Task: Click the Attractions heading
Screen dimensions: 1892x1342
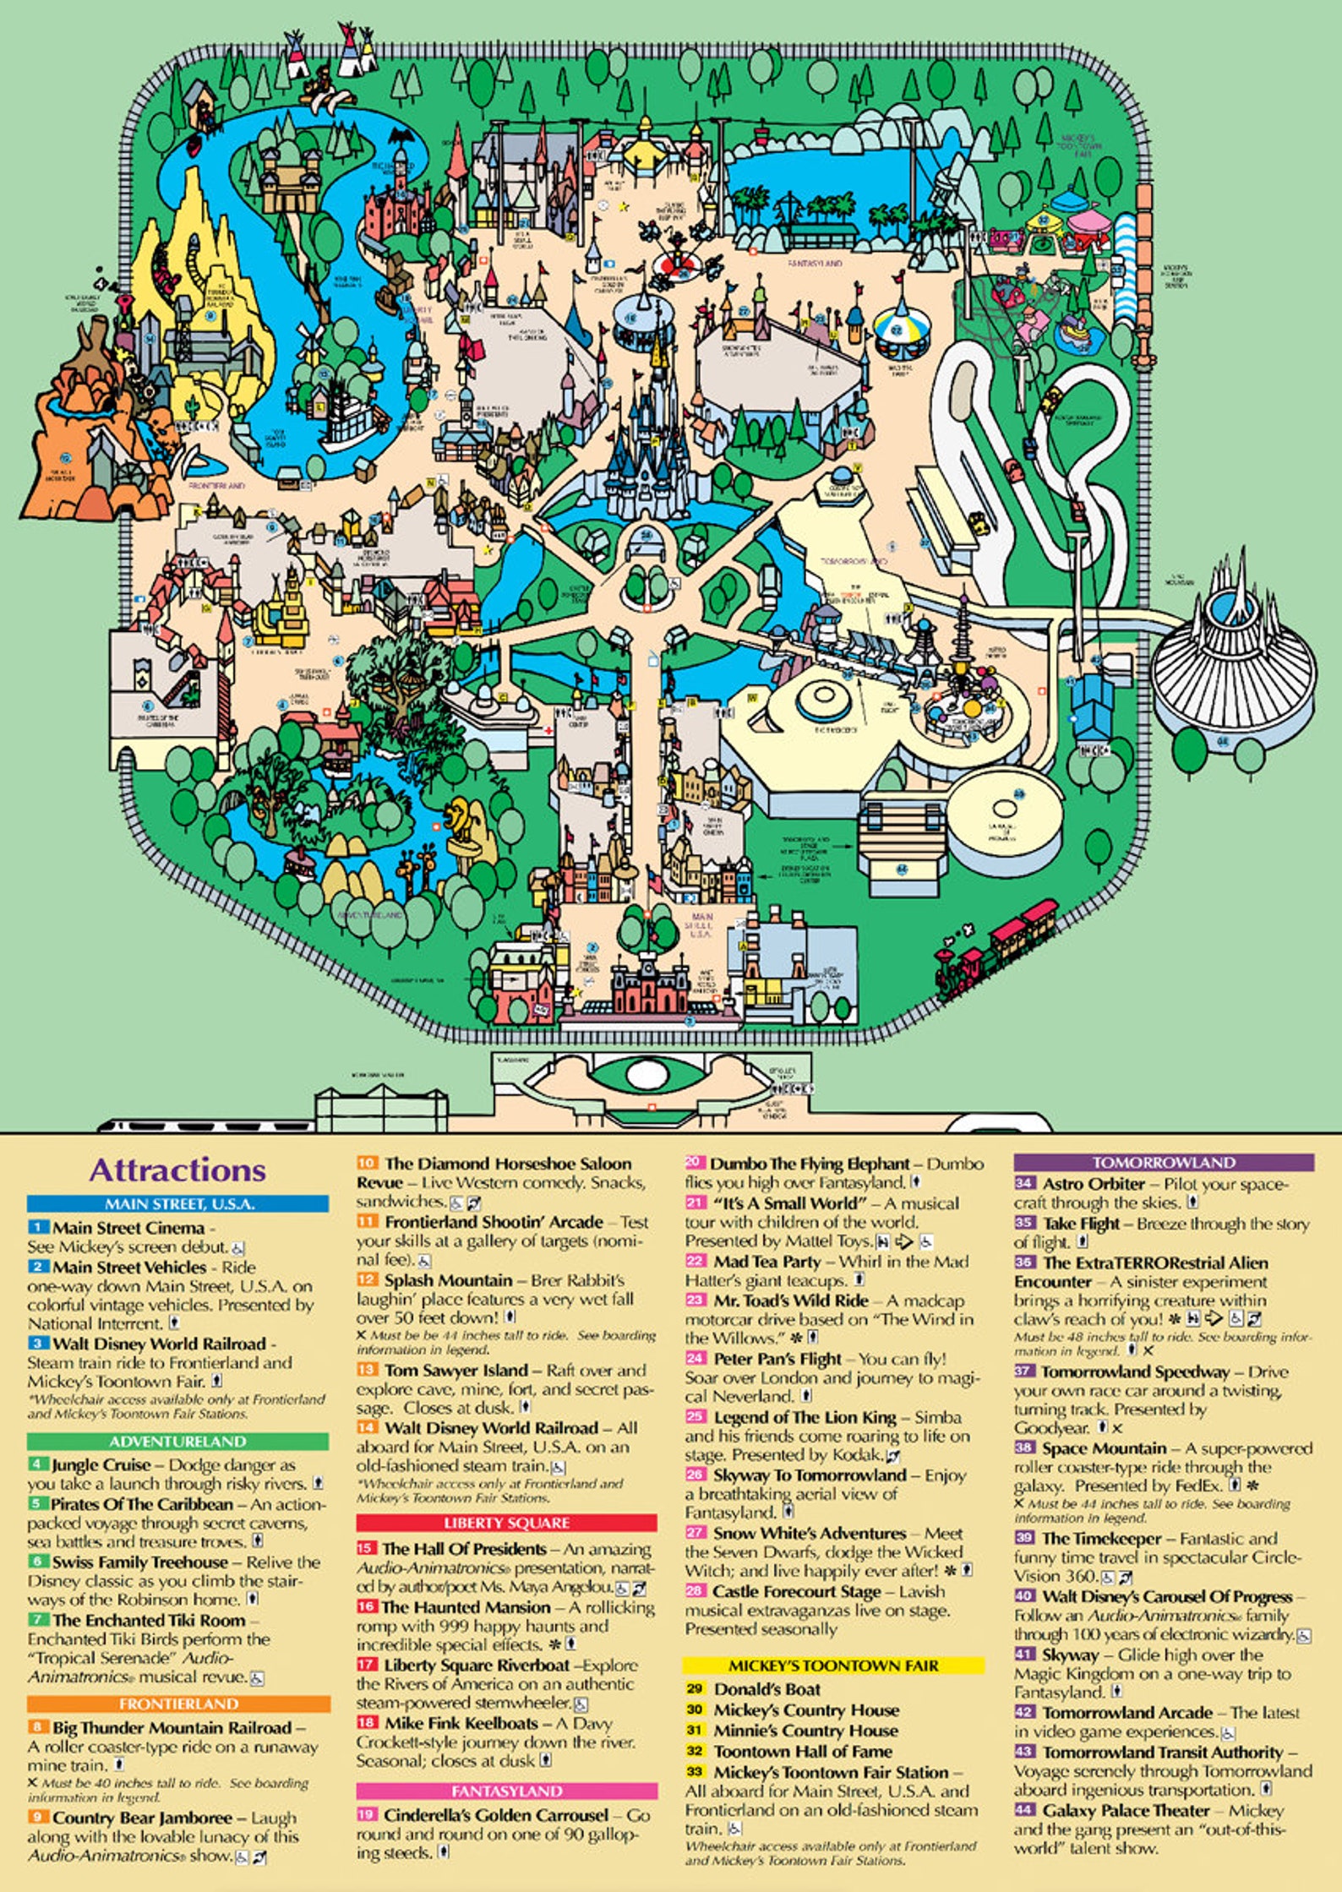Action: tap(177, 1170)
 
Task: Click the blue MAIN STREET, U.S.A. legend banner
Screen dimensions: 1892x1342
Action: tap(177, 1204)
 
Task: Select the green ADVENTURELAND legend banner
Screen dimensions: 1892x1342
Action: tap(177, 1442)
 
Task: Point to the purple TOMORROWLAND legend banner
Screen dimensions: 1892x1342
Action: tap(1164, 1163)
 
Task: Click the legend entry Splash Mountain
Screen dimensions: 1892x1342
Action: tap(448, 1280)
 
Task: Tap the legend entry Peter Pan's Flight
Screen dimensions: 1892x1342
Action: tap(777, 1359)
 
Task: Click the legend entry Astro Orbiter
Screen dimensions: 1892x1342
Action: tap(1094, 1184)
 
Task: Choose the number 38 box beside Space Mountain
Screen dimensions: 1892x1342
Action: tap(1024, 1448)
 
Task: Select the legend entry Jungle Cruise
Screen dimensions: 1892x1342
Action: tap(101, 1465)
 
